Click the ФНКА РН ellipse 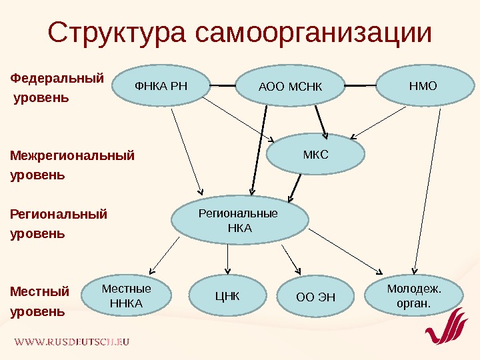(x=162, y=86)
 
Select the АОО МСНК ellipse (x=290, y=87)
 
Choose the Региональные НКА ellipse (x=240, y=221)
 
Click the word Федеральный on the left (x=58, y=77)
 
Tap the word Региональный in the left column (x=59, y=214)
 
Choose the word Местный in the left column (x=40, y=291)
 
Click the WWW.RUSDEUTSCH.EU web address (x=72, y=341)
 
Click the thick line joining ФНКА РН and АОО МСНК (x=224, y=85)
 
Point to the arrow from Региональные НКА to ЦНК (x=228, y=261)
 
